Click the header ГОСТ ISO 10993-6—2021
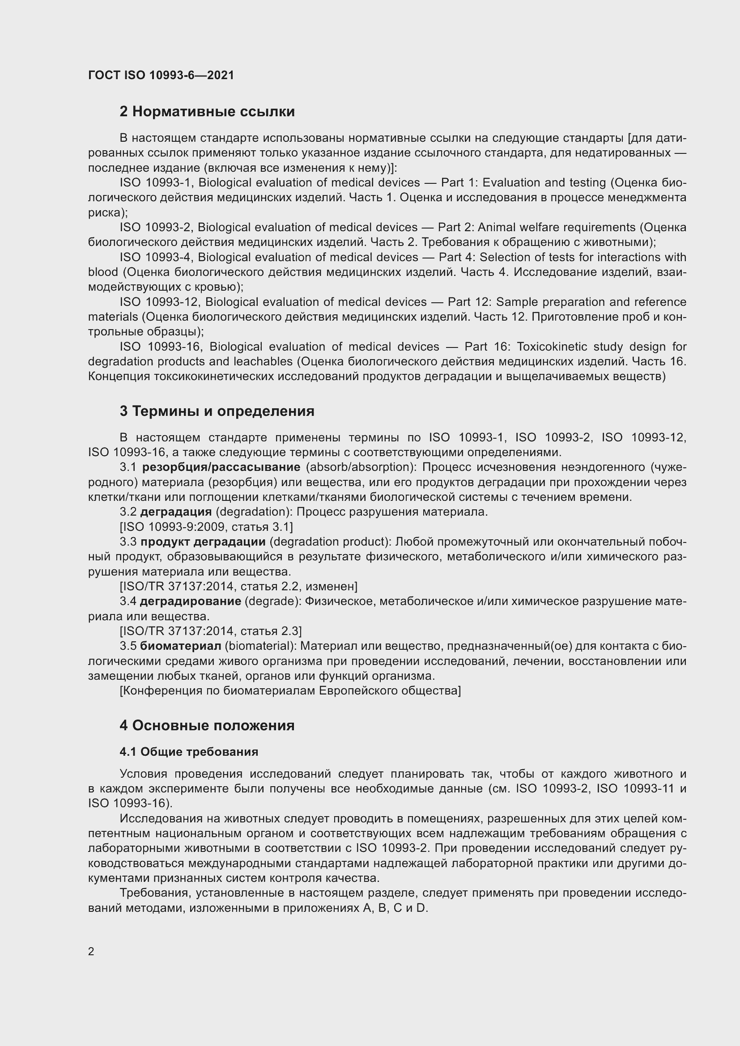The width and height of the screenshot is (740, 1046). [161, 75]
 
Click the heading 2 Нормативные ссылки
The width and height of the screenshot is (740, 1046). [207, 112]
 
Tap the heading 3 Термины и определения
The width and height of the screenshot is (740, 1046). [217, 411]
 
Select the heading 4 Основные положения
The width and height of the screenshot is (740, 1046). [207, 725]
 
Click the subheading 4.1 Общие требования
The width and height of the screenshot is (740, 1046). [189, 752]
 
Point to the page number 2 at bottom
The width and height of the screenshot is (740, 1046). [91, 952]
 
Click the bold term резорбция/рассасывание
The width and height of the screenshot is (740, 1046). [221, 467]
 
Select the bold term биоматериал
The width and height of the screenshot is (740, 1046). [180, 646]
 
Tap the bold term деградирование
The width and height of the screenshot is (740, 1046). [190, 601]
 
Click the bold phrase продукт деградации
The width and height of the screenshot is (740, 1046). [203, 542]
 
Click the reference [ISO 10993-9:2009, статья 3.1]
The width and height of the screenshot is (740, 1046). [206, 527]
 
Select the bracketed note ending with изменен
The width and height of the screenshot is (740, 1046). [238, 586]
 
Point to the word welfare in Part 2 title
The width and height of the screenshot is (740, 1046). [532, 227]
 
